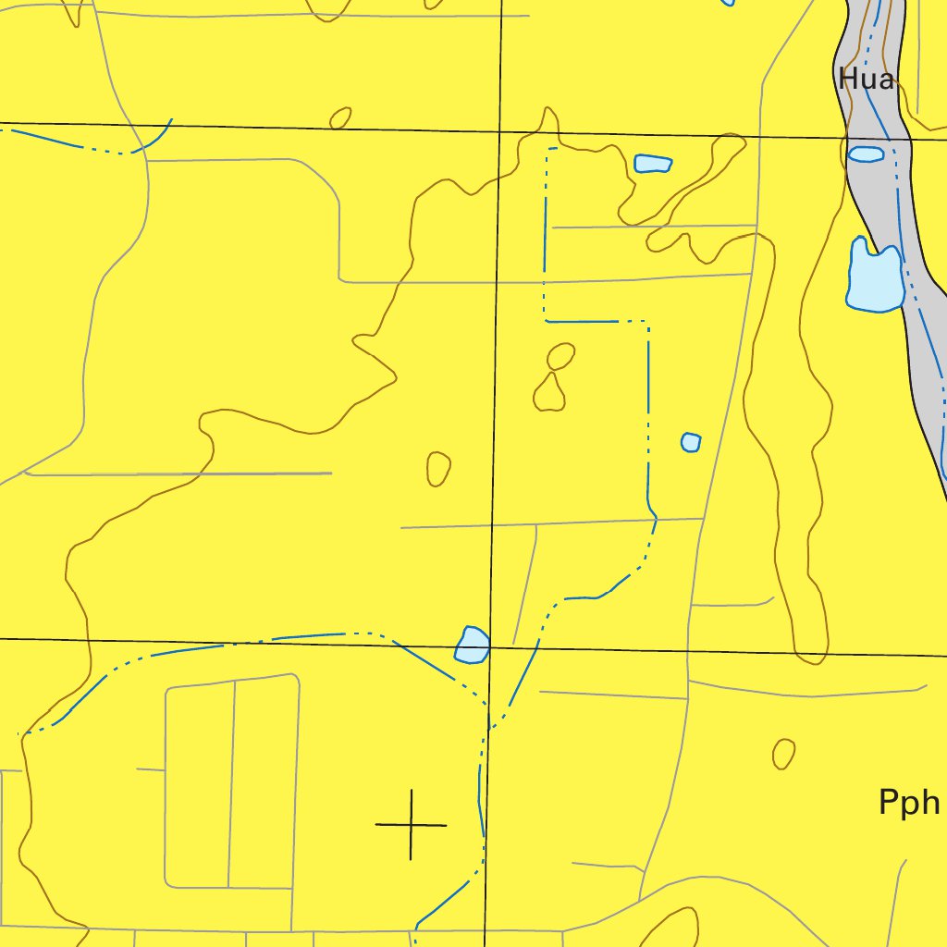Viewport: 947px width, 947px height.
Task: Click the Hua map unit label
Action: tap(867, 80)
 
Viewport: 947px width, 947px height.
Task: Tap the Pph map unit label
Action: tap(909, 803)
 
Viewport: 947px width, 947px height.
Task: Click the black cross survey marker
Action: tap(411, 824)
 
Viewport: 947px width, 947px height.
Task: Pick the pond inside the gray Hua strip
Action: tap(867, 154)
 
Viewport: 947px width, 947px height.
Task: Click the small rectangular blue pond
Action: tap(653, 165)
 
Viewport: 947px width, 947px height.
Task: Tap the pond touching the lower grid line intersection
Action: tap(473, 646)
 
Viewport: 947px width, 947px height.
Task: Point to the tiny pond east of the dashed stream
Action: tap(691, 442)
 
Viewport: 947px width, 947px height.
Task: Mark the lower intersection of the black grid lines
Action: tap(490, 647)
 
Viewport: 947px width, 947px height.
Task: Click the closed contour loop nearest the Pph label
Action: tap(783, 753)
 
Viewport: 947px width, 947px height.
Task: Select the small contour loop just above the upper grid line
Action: tap(340, 117)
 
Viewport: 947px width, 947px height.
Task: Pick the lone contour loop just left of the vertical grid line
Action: tap(438, 468)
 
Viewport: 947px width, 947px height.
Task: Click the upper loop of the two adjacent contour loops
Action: tap(560, 356)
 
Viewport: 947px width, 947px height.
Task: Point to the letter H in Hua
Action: tap(847, 80)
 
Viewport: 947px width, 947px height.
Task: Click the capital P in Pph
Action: tap(889, 802)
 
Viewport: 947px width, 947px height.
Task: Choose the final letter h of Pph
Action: tap(929, 802)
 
